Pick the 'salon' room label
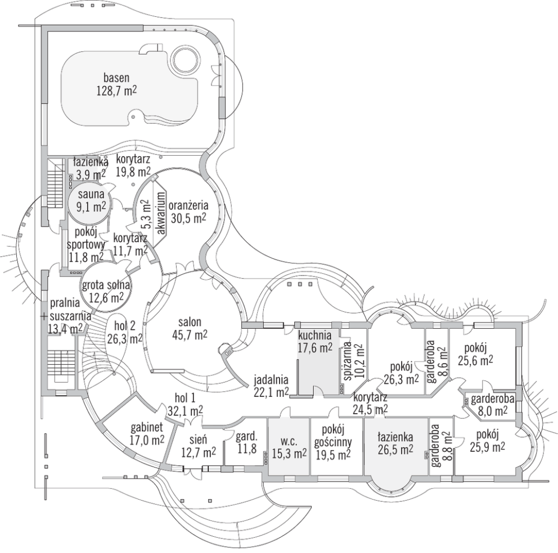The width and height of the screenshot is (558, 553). pyautogui.click(x=190, y=323)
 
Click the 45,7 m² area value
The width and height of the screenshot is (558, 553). pyautogui.click(x=190, y=335)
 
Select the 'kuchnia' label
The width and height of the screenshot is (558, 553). pyautogui.click(x=314, y=336)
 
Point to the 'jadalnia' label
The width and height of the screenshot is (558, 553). pyautogui.click(x=271, y=378)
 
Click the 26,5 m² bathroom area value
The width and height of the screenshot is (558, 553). pyautogui.click(x=395, y=449)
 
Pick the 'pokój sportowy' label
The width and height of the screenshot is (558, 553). pyautogui.click(x=84, y=239)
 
